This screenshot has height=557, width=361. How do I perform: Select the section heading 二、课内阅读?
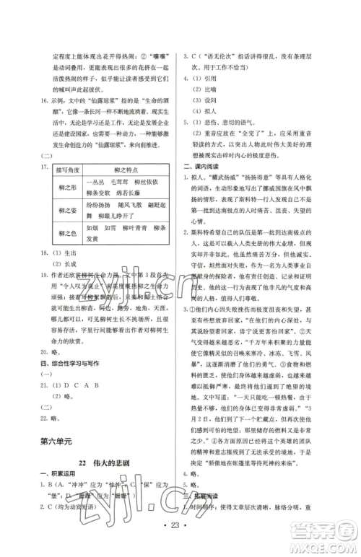click(204, 167)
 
